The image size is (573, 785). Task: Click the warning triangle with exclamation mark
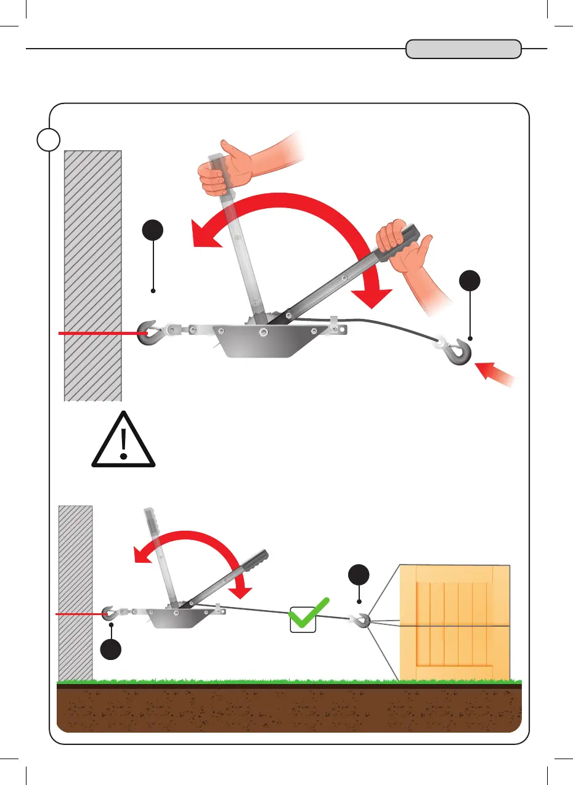click(x=124, y=440)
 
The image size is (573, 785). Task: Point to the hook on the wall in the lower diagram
click(x=108, y=613)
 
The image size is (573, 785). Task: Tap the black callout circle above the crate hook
click(x=359, y=576)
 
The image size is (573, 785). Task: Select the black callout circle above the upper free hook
click(x=470, y=282)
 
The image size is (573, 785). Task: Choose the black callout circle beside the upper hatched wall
click(x=153, y=233)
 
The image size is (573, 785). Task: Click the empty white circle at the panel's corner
click(x=48, y=139)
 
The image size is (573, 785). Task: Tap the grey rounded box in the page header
click(x=463, y=49)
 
